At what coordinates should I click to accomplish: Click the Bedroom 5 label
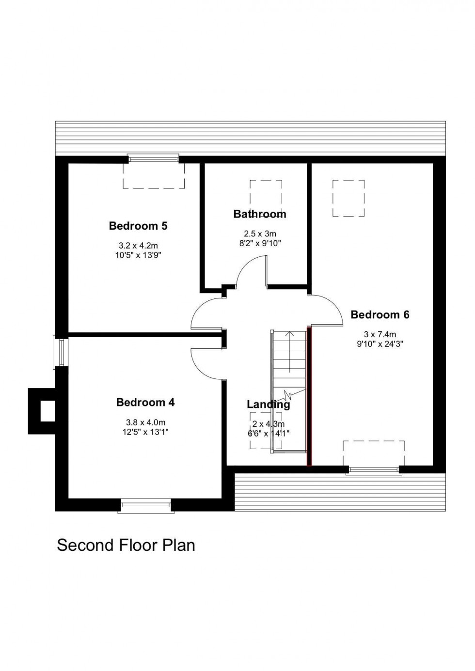(138, 226)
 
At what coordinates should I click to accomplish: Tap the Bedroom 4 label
(145, 402)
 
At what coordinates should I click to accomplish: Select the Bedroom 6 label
(380, 315)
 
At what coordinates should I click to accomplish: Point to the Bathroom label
(260, 214)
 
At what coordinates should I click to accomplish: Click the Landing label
(268, 404)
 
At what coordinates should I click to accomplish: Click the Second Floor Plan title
(126, 545)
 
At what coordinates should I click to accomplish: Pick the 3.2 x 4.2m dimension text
(138, 246)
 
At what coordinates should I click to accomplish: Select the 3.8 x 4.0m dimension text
(145, 422)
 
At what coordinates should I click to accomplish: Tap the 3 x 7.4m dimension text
(380, 334)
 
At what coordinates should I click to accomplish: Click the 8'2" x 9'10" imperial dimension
(260, 243)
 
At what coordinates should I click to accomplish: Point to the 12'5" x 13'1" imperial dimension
(145, 432)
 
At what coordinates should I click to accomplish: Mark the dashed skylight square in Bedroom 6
(348, 198)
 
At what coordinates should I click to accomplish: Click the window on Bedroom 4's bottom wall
(146, 506)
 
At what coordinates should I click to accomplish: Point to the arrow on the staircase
(290, 349)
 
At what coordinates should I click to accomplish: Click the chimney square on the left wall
(47, 411)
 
